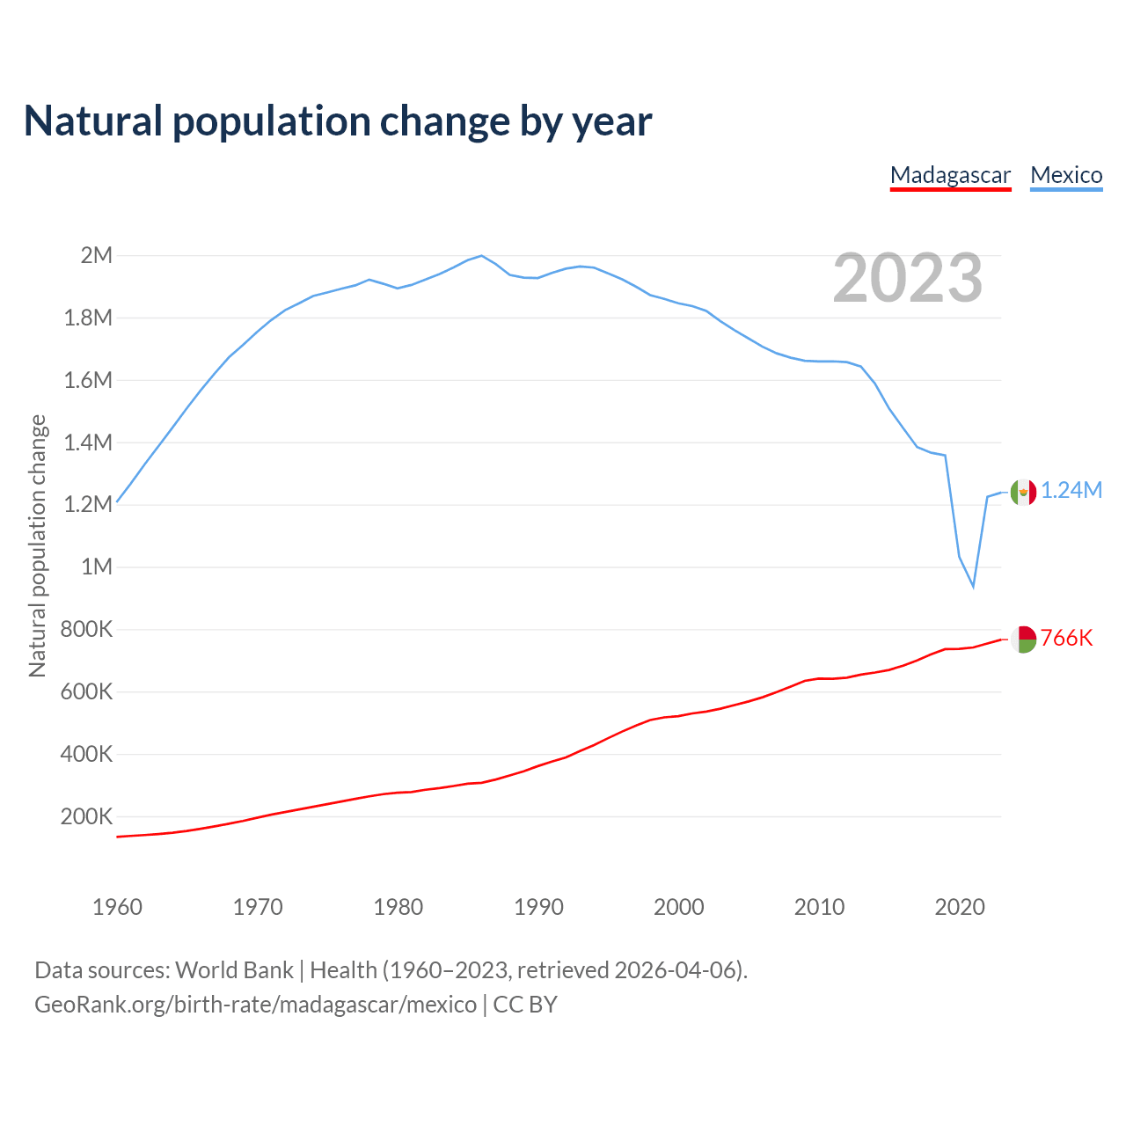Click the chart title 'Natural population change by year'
coord(338,121)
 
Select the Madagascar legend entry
coord(950,175)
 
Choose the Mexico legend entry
coord(1066,175)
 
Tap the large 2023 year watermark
coord(907,278)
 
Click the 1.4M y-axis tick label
coord(89,442)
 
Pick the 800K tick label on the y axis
coord(87,630)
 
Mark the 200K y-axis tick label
coord(87,816)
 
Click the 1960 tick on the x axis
coord(117,907)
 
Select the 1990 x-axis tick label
coord(538,907)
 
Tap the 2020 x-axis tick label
coord(960,907)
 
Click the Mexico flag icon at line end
coord(1023,492)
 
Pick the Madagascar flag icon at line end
coord(1023,640)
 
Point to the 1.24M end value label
coord(1071,491)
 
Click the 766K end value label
coord(1066,639)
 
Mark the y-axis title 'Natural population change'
coord(37,546)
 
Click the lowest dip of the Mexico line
coord(973,586)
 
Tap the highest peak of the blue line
coord(481,256)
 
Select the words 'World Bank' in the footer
coord(234,970)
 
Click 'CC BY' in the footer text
coord(525,1005)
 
